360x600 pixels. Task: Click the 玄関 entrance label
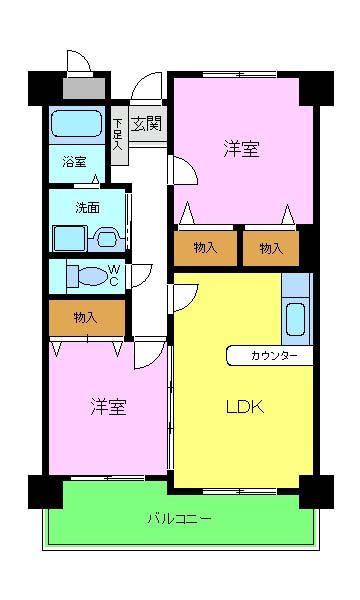(x=146, y=124)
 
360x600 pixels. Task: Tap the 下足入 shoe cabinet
(x=120, y=135)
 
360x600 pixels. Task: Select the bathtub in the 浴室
(x=76, y=124)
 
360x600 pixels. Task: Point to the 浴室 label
(x=74, y=162)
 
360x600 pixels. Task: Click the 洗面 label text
(x=88, y=207)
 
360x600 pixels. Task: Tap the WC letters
(x=114, y=276)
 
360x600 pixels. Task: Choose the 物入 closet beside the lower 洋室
(x=87, y=318)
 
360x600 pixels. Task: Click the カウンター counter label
(x=274, y=356)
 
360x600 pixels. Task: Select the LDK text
(x=245, y=407)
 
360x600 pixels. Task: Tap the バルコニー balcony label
(x=179, y=519)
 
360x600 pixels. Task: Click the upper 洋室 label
(x=242, y=148)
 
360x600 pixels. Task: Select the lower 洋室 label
(x=108, y=407)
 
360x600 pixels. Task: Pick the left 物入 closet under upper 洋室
(x=205, y=248)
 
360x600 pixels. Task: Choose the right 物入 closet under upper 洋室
(x=271, y=249)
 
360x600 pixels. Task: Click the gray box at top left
(x=84, y=88)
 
